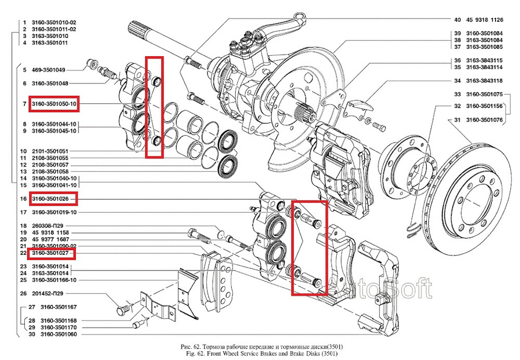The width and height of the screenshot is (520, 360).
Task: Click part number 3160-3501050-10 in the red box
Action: tap(54, 103)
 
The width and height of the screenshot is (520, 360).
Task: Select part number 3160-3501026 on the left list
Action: tap(53, 199)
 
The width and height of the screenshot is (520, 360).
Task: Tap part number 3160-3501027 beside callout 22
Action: tap(52, 252)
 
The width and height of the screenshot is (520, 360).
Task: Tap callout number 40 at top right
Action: tap(457, 19)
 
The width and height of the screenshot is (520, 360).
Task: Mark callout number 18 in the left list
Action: tap(23, 225)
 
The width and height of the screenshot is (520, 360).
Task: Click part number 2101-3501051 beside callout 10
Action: tap(50, 151)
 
